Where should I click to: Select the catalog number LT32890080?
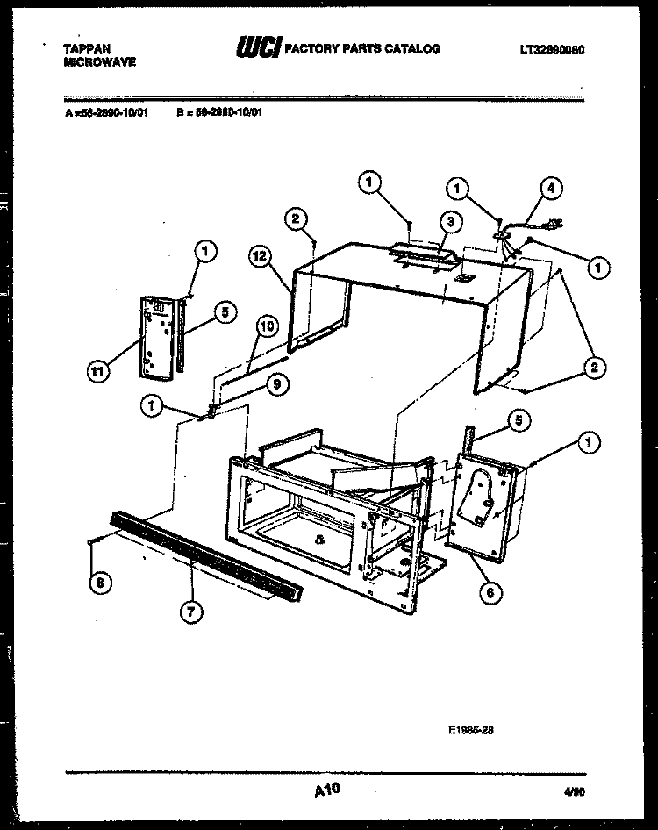551,49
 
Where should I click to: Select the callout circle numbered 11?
101,371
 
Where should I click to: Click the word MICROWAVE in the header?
99,63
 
